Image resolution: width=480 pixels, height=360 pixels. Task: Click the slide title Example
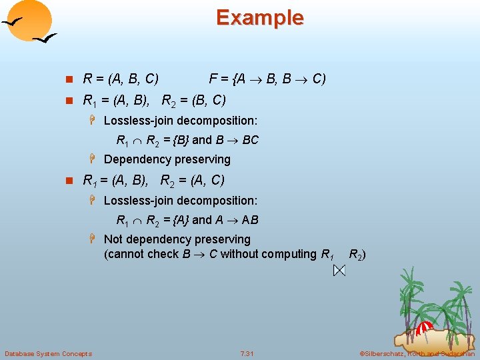point(259,17)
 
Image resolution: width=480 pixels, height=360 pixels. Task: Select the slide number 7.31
point(246,353)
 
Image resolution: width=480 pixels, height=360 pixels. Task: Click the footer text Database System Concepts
point(48,353)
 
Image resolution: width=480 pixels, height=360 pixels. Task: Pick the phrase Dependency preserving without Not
point(167,159)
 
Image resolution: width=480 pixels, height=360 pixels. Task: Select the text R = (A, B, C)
point(120,79)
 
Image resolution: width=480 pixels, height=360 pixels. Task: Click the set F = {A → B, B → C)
point(267,79)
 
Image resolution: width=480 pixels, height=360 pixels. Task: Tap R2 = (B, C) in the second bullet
point(193,101)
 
